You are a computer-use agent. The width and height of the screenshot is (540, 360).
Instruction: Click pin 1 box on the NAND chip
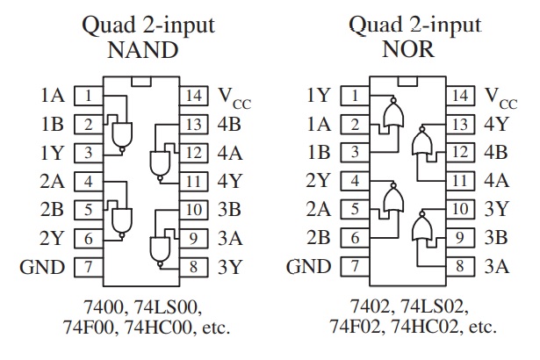click(89, 96)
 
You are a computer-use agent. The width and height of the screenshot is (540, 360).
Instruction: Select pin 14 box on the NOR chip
click(460, 96)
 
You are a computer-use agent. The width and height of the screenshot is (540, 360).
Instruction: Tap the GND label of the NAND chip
click(42, 267)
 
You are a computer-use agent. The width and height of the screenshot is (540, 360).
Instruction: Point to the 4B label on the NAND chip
click(229, 124)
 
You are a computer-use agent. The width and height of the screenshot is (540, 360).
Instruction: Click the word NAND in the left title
click(142, 50)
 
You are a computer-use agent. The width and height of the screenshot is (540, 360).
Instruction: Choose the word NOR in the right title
click(408, 49)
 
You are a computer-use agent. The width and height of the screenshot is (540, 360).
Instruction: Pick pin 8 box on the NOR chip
click(460, 266)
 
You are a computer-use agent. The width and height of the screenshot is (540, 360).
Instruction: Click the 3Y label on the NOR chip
click(497, 209)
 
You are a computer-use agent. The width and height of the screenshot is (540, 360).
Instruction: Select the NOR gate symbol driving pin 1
click(393, 113)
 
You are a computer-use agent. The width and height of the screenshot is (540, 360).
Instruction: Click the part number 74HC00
click(157, 327)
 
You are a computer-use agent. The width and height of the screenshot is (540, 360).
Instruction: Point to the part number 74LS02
click(435, 306)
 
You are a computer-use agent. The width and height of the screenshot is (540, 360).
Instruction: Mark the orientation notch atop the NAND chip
click(141, 82)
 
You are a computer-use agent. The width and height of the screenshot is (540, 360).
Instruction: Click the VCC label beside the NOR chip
click(501, 97)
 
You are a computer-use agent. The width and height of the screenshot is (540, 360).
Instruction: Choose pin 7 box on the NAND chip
click(89, 267)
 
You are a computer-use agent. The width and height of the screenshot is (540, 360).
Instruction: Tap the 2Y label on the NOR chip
click(318, 180)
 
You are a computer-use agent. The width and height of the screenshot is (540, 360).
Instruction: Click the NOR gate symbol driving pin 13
click(421, 142)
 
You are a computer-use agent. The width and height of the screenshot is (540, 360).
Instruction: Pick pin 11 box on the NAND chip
click(193, 182)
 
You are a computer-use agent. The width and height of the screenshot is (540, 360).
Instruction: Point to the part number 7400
click(104, 306)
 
